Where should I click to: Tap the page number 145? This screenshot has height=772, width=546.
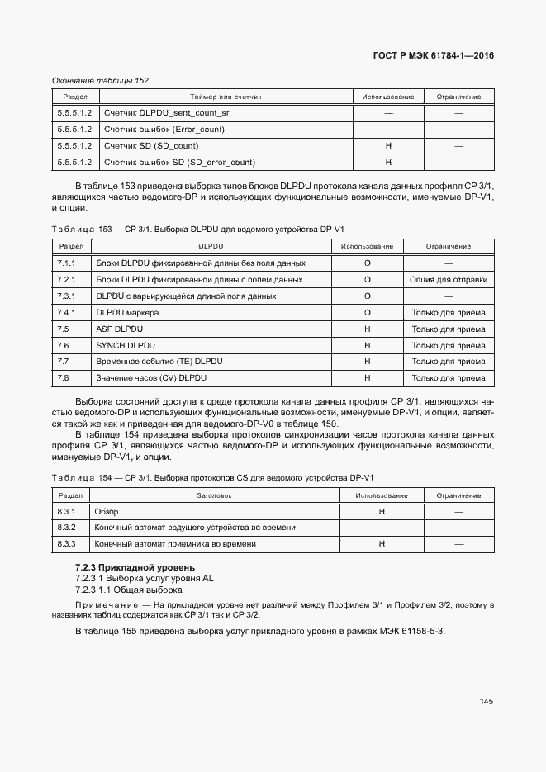pyautogui.click(x=486, y=702)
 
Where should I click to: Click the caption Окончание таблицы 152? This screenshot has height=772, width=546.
pyautogui.click(x=100, y=81)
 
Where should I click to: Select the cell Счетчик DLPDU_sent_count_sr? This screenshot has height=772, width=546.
pyautogui.click(x=167, y=112)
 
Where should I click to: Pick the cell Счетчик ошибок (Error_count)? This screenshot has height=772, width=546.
pyautogui.click(x=164, y=129)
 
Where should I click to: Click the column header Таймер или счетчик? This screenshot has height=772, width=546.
pyautogui.click(x=225, y=97)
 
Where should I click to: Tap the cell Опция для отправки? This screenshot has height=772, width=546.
pyautogui.click(x=448, y=279)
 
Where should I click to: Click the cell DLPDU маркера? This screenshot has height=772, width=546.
pyautogui.click(x=127, y=312)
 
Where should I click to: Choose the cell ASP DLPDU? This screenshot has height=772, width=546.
pyautogui.click(x=121, y=329)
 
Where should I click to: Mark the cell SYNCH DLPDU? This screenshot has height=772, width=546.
pyautogui.click(x=126, y=345)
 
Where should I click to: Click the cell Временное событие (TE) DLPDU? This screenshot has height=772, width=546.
pyautogui.click(x=159, y=362)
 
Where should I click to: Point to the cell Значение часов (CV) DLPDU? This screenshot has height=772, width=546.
pyautogui.click(x=151, y=378)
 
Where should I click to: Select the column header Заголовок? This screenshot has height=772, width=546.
pyautogui.click(x=214, y=495)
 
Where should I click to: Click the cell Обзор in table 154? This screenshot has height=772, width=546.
pyautogui.click(x=107, y=511)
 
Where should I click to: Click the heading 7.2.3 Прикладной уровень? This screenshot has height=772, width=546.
pyautogui.click(x=135, y=567)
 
